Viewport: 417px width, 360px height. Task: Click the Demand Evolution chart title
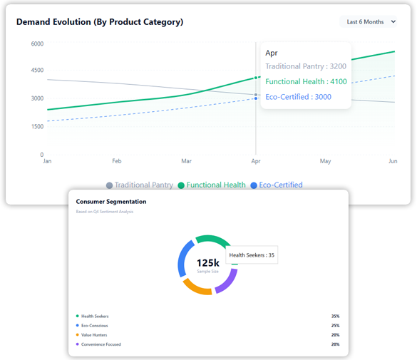[x=100, y=22]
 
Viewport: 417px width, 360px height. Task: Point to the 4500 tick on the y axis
[x=37, y=71]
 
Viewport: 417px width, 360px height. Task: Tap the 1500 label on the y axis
[x=37, y=126]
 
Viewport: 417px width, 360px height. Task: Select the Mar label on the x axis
[x=186, y=161]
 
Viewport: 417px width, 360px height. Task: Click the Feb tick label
[x=116, y=161]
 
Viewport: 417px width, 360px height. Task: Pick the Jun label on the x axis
[x=392, y=161]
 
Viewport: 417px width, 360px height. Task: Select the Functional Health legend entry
[x=212, y=185]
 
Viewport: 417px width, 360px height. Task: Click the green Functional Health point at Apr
[x=256, y=78]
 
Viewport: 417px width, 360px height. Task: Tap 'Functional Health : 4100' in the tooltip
[x=306, y=82]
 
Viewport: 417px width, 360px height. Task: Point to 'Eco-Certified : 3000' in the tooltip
[x=298, y=97]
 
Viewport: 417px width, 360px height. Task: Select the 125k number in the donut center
[x=208, y=263]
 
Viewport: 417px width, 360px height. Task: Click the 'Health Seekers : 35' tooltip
[x=252, y=255]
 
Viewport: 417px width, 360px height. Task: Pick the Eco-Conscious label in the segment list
[x=95, y=325]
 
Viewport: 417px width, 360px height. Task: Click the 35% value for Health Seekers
[x=335, y=316]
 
